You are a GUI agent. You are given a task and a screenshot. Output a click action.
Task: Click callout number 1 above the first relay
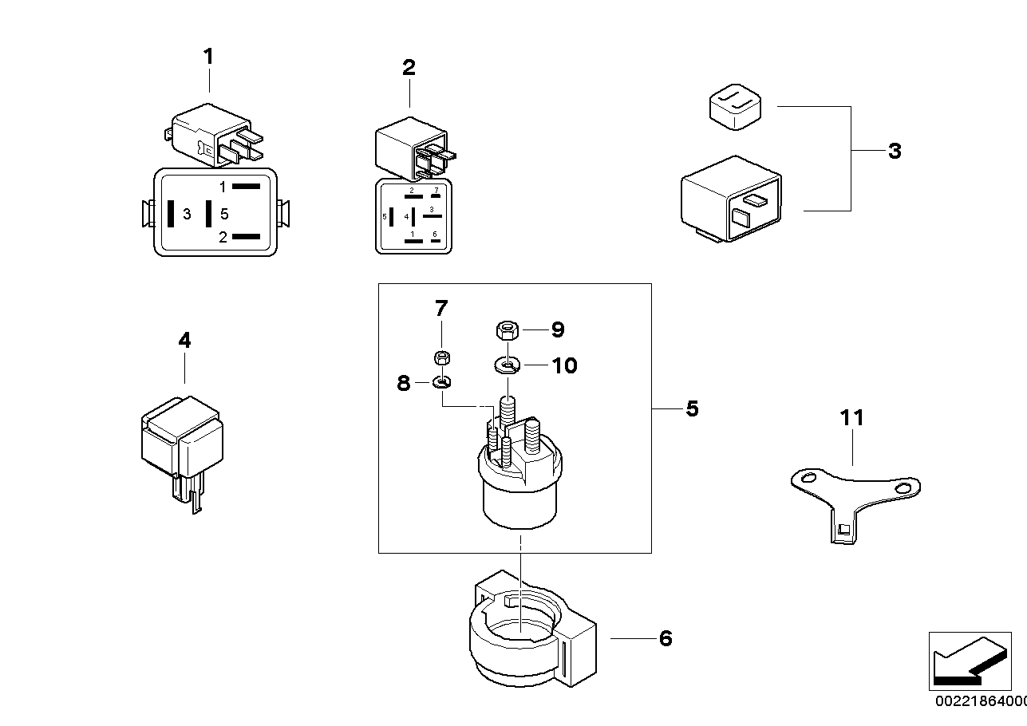point(208,57)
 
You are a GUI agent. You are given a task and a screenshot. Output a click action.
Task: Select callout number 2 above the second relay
point(409,68)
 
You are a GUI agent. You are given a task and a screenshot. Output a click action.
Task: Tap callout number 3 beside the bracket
point(895,151)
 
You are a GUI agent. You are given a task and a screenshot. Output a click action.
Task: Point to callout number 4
point(184,341)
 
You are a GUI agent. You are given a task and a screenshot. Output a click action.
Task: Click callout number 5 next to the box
point(692,409)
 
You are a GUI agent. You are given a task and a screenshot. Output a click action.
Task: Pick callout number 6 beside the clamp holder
point(666,639)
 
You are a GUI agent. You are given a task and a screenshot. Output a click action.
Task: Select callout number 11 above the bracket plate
point(851,417)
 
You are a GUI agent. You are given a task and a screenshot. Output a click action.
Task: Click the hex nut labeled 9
point(504,328)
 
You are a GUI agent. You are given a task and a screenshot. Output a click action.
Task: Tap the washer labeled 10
point(506,365)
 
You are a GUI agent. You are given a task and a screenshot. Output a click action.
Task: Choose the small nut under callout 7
point(441,356)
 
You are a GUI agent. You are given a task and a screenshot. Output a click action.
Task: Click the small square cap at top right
point(733,106)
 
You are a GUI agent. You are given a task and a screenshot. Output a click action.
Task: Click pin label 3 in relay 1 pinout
point(187,214)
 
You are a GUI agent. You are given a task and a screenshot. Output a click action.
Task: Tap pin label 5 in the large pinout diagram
point(224,214)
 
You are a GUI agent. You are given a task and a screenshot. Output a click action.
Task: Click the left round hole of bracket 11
point(808,479)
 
